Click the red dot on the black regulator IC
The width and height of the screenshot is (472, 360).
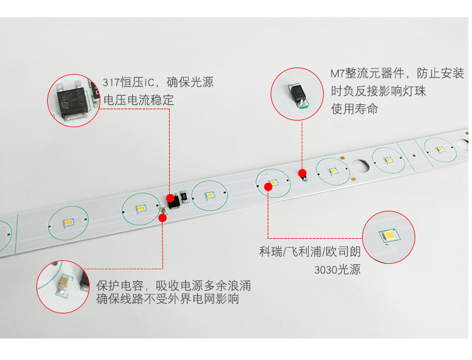click(170, 198)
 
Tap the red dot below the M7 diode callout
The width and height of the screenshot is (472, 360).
click(302, 173)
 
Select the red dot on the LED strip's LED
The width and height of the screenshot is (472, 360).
click(268, 187)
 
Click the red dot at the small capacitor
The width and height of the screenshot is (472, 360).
click(163, 218)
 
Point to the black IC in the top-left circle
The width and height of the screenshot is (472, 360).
click(73, 102)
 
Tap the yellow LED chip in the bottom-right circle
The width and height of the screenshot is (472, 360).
click(389, 235)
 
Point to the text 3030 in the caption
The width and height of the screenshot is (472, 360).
click(326, 270)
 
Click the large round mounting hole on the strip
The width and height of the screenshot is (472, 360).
click(360, 166)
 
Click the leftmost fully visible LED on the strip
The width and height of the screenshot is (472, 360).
click(68, 223)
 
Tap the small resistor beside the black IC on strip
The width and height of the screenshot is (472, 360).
click(184, 196)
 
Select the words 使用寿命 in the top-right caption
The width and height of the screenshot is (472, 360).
click(354, 109)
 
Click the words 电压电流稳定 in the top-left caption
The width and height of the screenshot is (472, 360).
click(139, 100)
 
